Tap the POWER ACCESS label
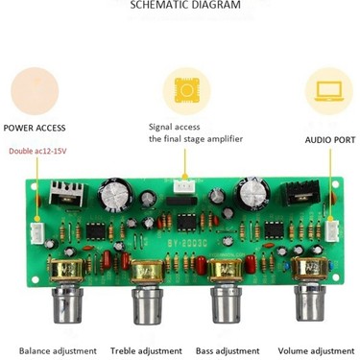pos(35,128)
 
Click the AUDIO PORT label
pos(330,140)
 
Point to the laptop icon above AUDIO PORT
pos(328,90)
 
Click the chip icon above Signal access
pos(186,90)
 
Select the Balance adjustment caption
pos(48,351)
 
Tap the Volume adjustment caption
pos(316,351)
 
